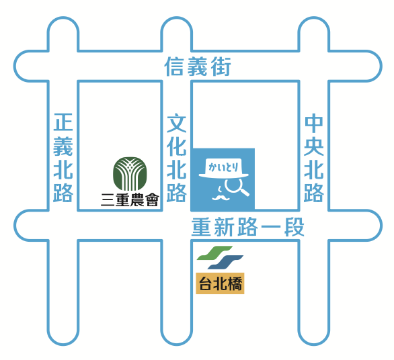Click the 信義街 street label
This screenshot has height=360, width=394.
[x=198, y=66]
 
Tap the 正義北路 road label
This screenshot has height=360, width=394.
[x=63, y=158]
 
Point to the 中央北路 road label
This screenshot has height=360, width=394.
[x=314, y=158]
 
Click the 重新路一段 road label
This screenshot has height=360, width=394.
[x=247, y=227]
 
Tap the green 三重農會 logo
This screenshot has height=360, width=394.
[x=130, y=174]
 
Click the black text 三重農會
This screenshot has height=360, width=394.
[x=130, y=199]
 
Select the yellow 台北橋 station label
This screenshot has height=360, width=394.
[x=220, y=283]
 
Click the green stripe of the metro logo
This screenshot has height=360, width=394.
[x=214, y=253]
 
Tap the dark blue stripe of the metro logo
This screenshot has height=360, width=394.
[x=225, y=263]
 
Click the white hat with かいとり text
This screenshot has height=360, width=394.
[x=224, y=168]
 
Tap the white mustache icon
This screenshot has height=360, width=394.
[x=221, y=198]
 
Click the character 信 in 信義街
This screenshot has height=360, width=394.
[x=174, y=66]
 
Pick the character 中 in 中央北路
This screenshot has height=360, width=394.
[x=314, y=123]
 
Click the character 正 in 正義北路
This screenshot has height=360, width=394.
[x=63, y=122]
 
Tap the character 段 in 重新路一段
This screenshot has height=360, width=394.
[x=294, y=227]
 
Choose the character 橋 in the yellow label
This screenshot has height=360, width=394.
[x=234, y=283]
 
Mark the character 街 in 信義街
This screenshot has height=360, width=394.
[x=221, y=66]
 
